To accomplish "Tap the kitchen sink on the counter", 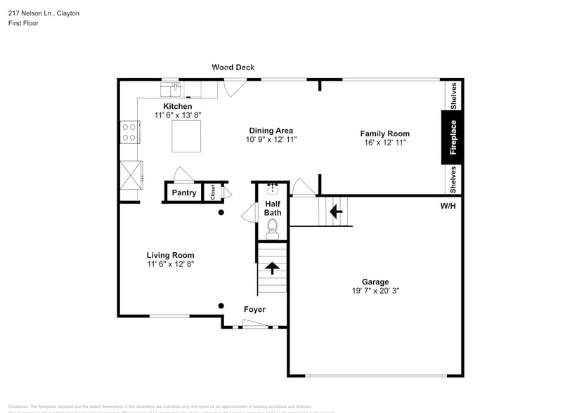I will (x=171, y=88).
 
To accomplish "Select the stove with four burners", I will (x=129, y=132).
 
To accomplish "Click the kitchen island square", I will (x=186, y=136).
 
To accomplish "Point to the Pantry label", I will (x=184, y=192).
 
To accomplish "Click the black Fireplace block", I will (x=453, y=137).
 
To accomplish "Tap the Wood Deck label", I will (x=233, y=67).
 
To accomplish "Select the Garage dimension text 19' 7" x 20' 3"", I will (x=375, y=291).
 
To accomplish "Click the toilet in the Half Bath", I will (x=273, y=228).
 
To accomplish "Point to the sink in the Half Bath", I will (x=273, y=189).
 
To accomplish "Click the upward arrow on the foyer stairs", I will (x=271, y=267).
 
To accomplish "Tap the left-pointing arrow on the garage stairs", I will (x=336, y=209).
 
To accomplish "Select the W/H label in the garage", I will (x=448, y=206).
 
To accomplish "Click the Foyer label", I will (x=254, y=309).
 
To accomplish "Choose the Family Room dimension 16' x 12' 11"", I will (x=384, y=143).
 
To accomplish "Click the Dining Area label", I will (x=271, y=130).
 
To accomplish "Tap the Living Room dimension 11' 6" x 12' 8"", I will (x=170, y=265).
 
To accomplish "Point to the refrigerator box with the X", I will (x=130, y=175).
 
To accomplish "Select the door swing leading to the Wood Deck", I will (x=234, y=87).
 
